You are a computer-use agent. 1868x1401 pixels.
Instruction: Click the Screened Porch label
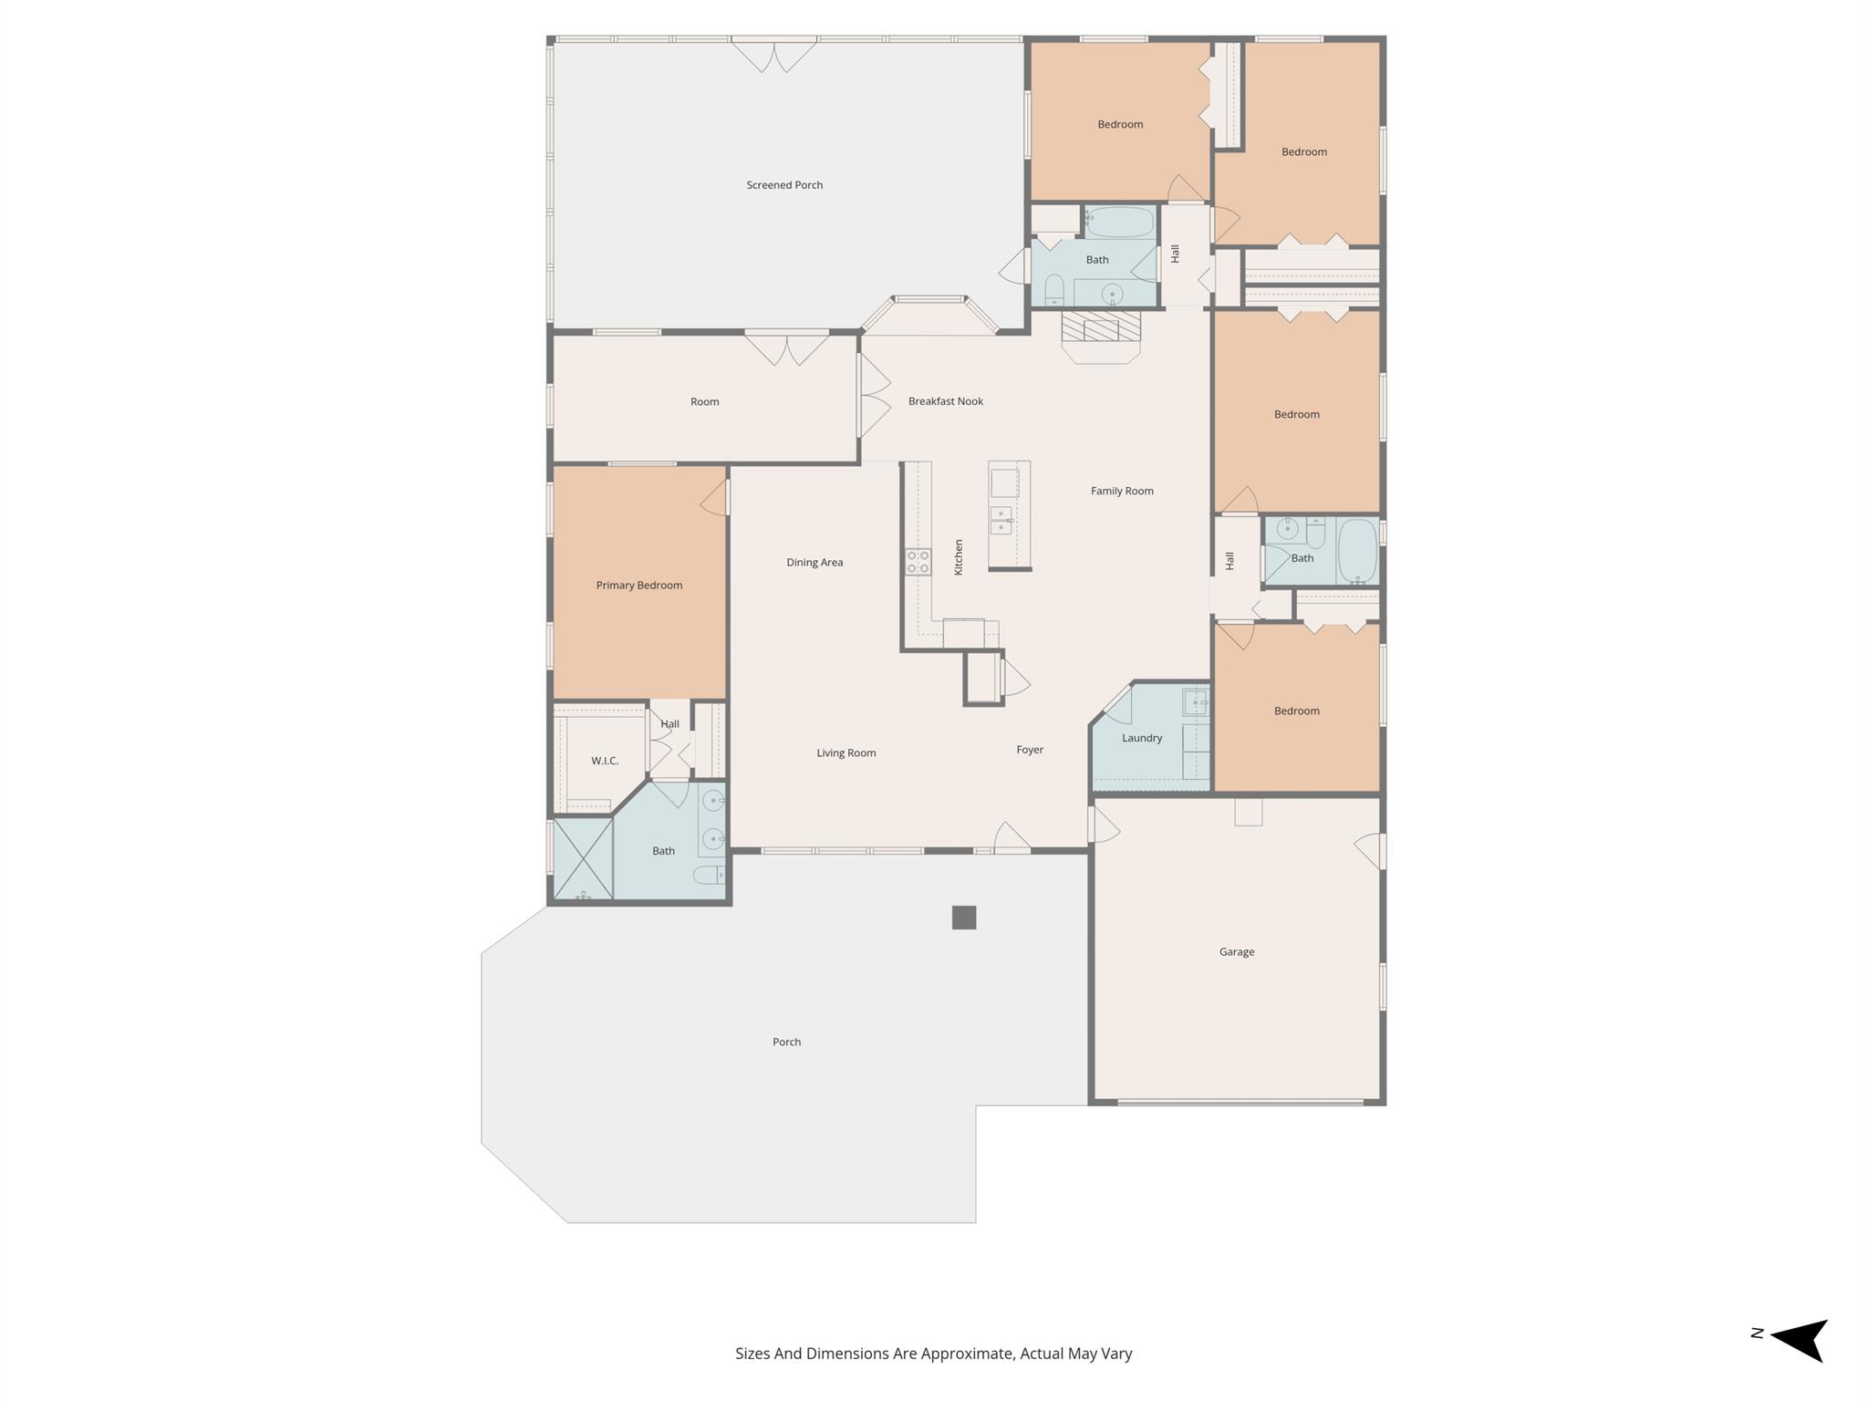(x=784, y=185)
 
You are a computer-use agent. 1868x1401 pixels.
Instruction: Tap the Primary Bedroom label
(x=638, y=586)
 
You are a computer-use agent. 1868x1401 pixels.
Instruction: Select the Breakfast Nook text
(x=945, y=401)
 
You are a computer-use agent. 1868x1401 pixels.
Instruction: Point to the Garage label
(x=1236, y=952)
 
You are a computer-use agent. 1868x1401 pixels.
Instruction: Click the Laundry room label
(x=1141, y=738)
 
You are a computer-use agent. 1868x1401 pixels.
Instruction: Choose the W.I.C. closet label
(x=604, y=761)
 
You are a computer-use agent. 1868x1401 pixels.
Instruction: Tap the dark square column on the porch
(x=963, y=918)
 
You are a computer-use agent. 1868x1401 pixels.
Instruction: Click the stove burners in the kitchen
(x=918, y=562)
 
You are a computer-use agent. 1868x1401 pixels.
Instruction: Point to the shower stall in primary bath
(x=583, y=857)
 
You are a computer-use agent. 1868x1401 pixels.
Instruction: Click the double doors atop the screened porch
(x=773, y=55)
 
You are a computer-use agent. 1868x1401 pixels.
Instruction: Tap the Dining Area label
(x=815, y=563)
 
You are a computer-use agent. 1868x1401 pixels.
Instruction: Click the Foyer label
(x=1029, y=750)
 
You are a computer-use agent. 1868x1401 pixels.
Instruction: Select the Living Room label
(x=846, y=753)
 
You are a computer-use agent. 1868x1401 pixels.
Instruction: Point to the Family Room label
(x=1121, y=491)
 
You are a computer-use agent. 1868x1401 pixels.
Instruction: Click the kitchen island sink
(x=1001, y=520)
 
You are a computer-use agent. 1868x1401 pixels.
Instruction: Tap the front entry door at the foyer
(x=1011, y=839)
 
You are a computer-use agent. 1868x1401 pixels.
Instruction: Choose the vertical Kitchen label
(x=959, y=556)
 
